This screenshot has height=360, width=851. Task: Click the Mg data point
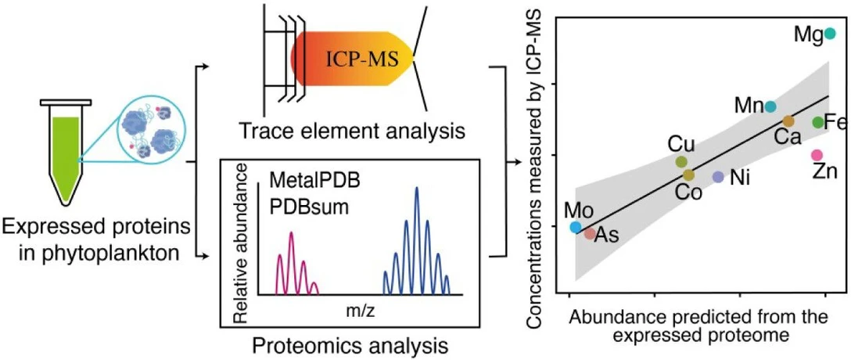click(830, 34)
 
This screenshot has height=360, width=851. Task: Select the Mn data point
click(770, 106)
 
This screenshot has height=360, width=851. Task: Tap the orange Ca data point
click(788, 121)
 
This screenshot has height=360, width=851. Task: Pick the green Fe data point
click(817, 122)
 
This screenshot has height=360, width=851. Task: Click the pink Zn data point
click(817, 155)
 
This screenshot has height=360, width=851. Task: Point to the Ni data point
click(718, 177)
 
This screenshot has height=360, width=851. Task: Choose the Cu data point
click(681, 162)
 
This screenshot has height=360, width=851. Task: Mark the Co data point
click(688, 175)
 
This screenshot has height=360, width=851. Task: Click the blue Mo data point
click(576, 228)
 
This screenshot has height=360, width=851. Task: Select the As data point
click(589, 233)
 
